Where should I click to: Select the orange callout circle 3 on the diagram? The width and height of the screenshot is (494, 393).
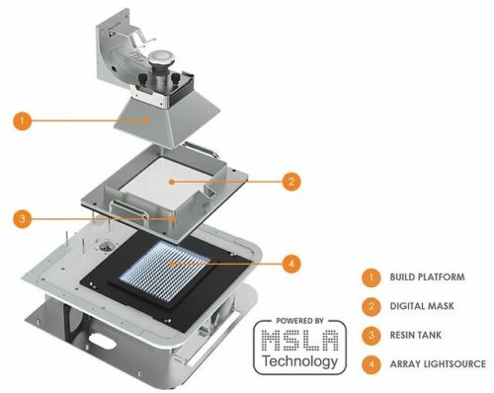pos(20,216)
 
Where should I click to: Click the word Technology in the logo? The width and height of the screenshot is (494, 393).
pos(300,361)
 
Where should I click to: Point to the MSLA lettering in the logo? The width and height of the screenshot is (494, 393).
pos(300,341)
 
